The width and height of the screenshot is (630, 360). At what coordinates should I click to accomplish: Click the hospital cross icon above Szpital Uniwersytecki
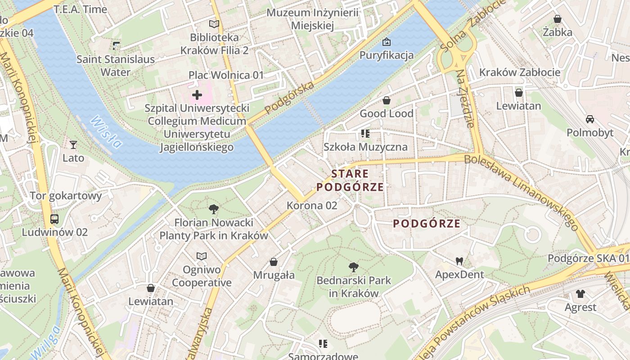pos(197,95)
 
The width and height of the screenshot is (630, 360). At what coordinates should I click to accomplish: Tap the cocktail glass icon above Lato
pos(73,144)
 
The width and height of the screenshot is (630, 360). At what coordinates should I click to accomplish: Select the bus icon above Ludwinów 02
pos(54,219)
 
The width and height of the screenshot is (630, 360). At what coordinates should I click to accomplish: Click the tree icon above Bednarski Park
pos(354,267)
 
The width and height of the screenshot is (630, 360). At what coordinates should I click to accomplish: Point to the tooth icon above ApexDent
pos(459,261)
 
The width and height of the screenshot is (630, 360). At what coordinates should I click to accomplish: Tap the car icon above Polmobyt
pos(589,119)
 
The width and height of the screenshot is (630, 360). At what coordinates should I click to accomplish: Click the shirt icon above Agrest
pos(580,294)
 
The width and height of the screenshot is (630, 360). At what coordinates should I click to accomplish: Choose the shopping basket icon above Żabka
pos(557,19)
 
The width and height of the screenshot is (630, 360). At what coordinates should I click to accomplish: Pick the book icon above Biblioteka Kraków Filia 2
pos(214,24)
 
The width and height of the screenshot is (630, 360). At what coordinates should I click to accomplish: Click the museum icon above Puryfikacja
pos(386,42)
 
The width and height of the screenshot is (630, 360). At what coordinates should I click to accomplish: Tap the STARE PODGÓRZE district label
pos(350,180)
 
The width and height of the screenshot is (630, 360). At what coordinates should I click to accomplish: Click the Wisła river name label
pos(106,132)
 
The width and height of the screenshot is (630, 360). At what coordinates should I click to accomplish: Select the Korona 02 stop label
pos(312,205)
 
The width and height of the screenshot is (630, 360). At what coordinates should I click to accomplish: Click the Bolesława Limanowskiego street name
pos(521,190)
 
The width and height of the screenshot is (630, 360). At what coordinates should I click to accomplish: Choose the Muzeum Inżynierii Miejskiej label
pos(312,19)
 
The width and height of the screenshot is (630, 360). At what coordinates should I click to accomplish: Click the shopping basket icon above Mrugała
pos(274,262)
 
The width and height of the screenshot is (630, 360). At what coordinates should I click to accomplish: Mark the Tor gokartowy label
pos(66,196)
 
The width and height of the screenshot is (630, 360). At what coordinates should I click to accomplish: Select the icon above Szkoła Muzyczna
pos(365,134)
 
